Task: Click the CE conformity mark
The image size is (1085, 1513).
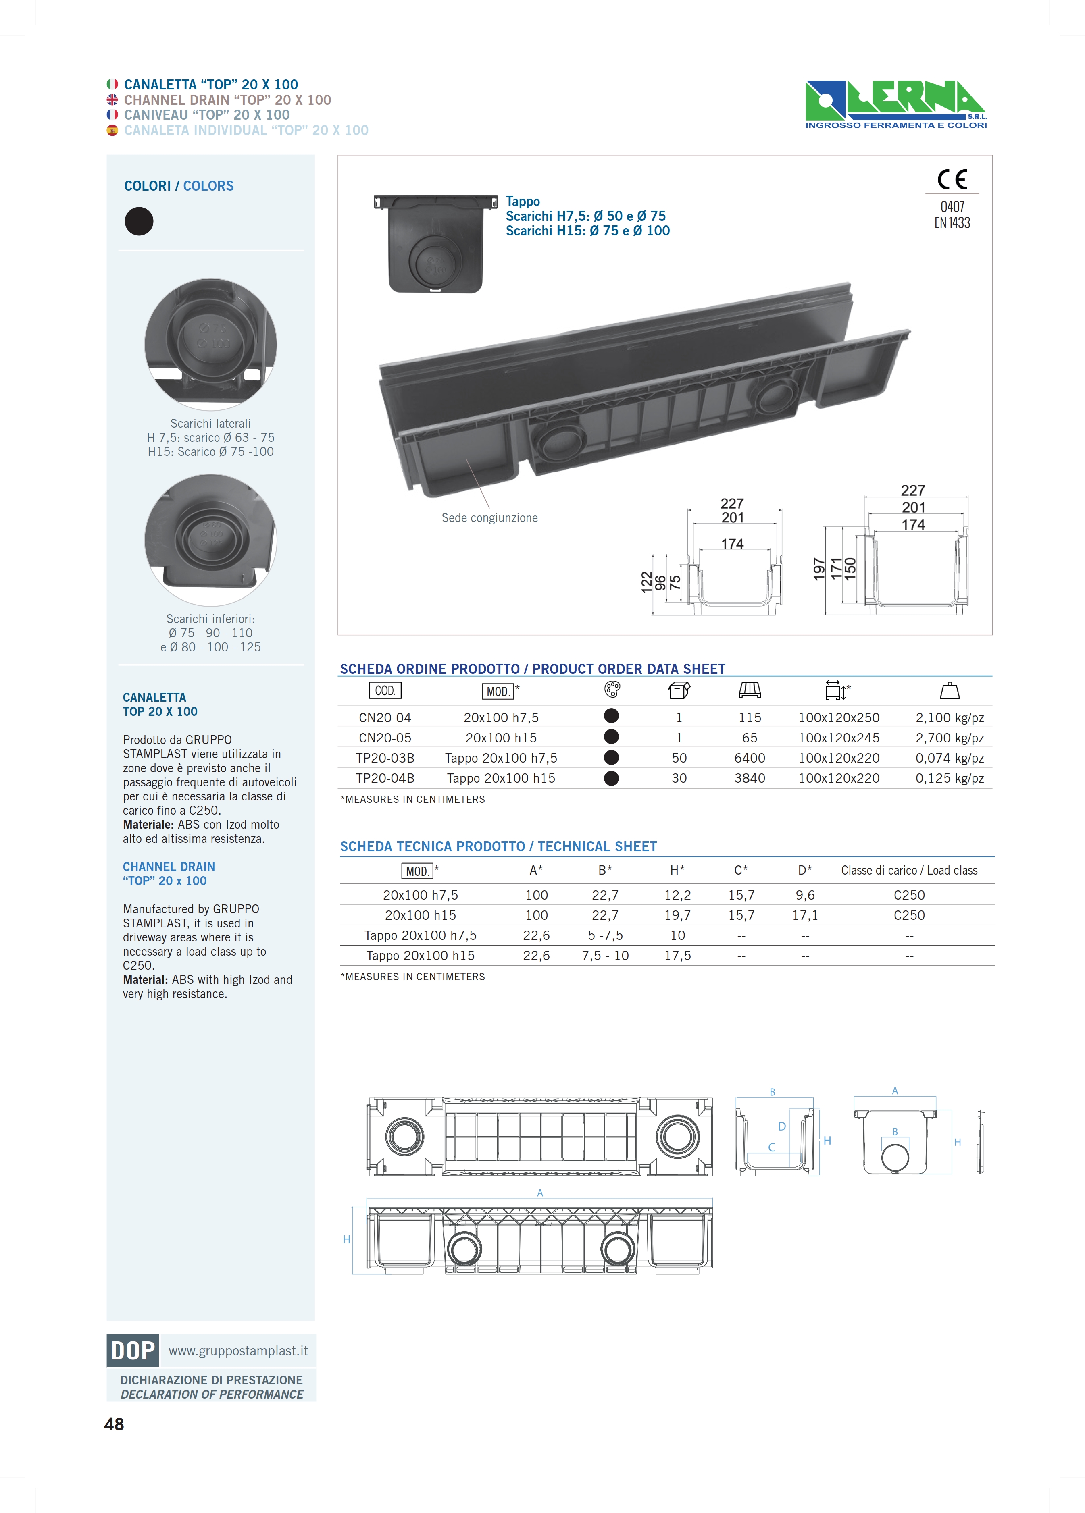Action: coord(952,179)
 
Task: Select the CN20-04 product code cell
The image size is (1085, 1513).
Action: coord(385,718)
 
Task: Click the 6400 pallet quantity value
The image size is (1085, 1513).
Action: coord(750,758)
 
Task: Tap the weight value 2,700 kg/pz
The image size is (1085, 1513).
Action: coord(950,738)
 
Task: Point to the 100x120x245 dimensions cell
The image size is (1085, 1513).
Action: coord(839,738)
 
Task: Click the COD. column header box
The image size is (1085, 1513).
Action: coord(385,690)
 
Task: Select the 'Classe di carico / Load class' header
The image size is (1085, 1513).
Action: coord(909,870)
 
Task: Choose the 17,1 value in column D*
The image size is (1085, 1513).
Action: coord(805,915)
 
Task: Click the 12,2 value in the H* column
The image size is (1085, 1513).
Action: coord(677,895)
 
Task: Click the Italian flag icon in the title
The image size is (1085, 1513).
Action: coord(112,84)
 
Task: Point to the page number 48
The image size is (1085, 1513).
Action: coord(114,1424)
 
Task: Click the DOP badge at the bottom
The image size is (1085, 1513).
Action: coord(133,1350)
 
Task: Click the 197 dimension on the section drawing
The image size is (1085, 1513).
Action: coord(819,569)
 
